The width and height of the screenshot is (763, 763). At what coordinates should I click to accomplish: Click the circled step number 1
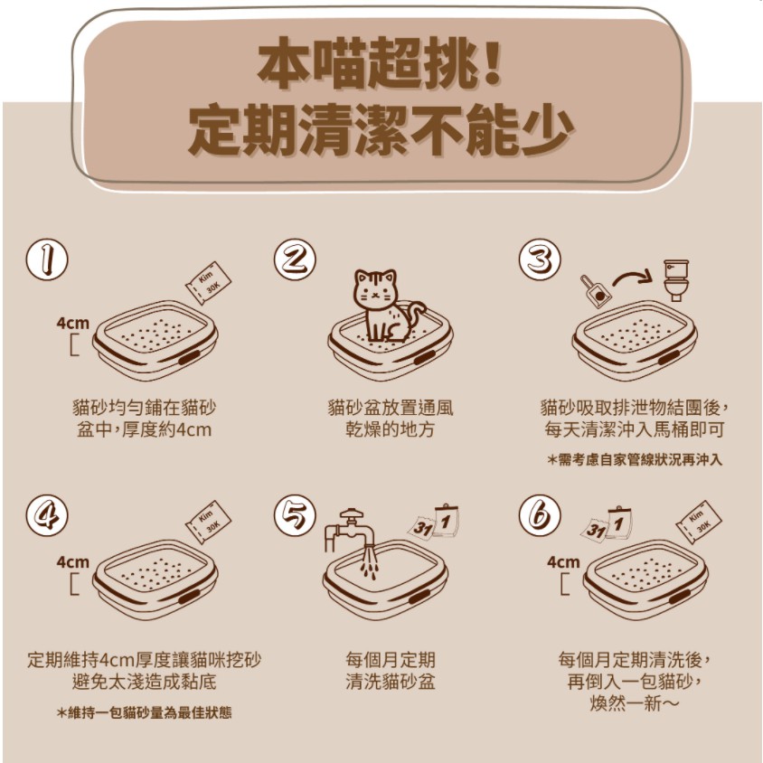47,259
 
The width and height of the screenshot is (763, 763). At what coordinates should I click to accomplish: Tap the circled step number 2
295,259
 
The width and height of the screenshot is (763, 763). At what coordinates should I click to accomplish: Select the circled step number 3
540,259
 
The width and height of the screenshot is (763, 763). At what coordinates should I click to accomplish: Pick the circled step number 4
47,515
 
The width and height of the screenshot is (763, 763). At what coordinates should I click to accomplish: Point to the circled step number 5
295,515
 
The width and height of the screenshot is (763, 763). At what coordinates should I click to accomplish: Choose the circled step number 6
540,515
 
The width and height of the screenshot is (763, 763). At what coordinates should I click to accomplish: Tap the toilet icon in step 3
676,280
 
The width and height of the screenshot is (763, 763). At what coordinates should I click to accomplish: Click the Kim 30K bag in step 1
208,283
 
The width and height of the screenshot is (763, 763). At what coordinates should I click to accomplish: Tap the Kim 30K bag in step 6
699,523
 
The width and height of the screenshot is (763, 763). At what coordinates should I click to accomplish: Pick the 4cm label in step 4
73,562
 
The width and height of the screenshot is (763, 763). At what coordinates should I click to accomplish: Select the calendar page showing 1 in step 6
619,523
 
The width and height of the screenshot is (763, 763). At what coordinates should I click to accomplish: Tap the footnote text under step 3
635,460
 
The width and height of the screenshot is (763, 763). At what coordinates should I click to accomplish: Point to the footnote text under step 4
144,713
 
